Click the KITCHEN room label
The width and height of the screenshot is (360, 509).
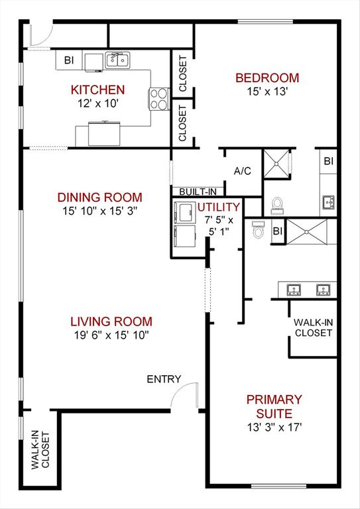[97, 89]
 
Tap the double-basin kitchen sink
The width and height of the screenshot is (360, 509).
[117, 61]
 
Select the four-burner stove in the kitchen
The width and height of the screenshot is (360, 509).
[159, 99]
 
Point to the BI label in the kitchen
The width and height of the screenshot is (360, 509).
[68, 60]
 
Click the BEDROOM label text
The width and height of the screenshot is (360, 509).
[267, 78]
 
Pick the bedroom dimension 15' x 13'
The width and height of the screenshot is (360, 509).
[267, 92]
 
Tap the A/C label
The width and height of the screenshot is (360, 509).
[242, 171]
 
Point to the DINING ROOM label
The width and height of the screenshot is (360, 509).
[99, 197]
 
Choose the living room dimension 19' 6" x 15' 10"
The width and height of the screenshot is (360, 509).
[111, 335]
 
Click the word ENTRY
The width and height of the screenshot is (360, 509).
[164, 379]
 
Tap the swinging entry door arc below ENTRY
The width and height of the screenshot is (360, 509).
[184, 396]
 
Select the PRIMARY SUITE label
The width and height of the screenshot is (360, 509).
[274, 406]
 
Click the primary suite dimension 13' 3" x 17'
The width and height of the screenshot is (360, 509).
[274, 427]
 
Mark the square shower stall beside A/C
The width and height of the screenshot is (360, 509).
[276, 164]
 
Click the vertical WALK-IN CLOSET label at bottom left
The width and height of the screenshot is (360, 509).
[40, 450]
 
